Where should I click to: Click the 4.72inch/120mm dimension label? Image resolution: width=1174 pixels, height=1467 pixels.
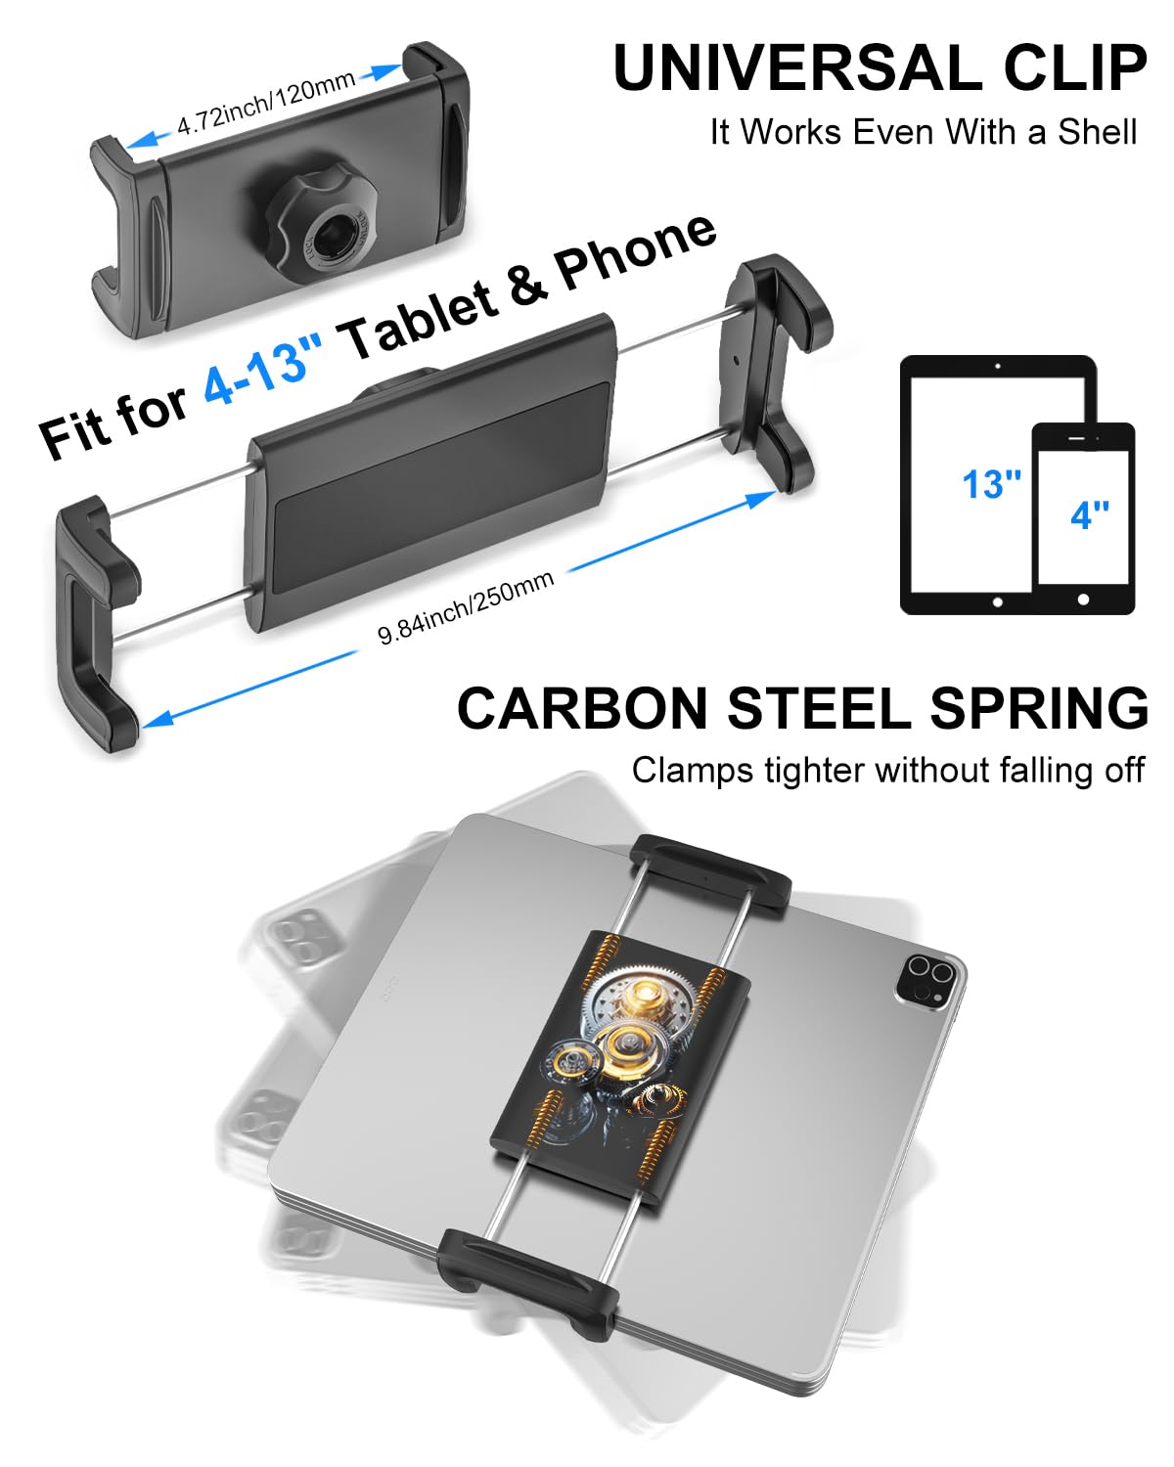[265, 104]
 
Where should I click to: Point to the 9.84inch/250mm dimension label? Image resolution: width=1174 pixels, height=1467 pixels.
[466, 607]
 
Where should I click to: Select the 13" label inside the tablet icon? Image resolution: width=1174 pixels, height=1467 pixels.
[990, 484]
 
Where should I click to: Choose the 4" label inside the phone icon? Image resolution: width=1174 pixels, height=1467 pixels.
[1089, 514]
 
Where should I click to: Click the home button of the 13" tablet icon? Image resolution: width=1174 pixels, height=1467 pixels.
[997, 602]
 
